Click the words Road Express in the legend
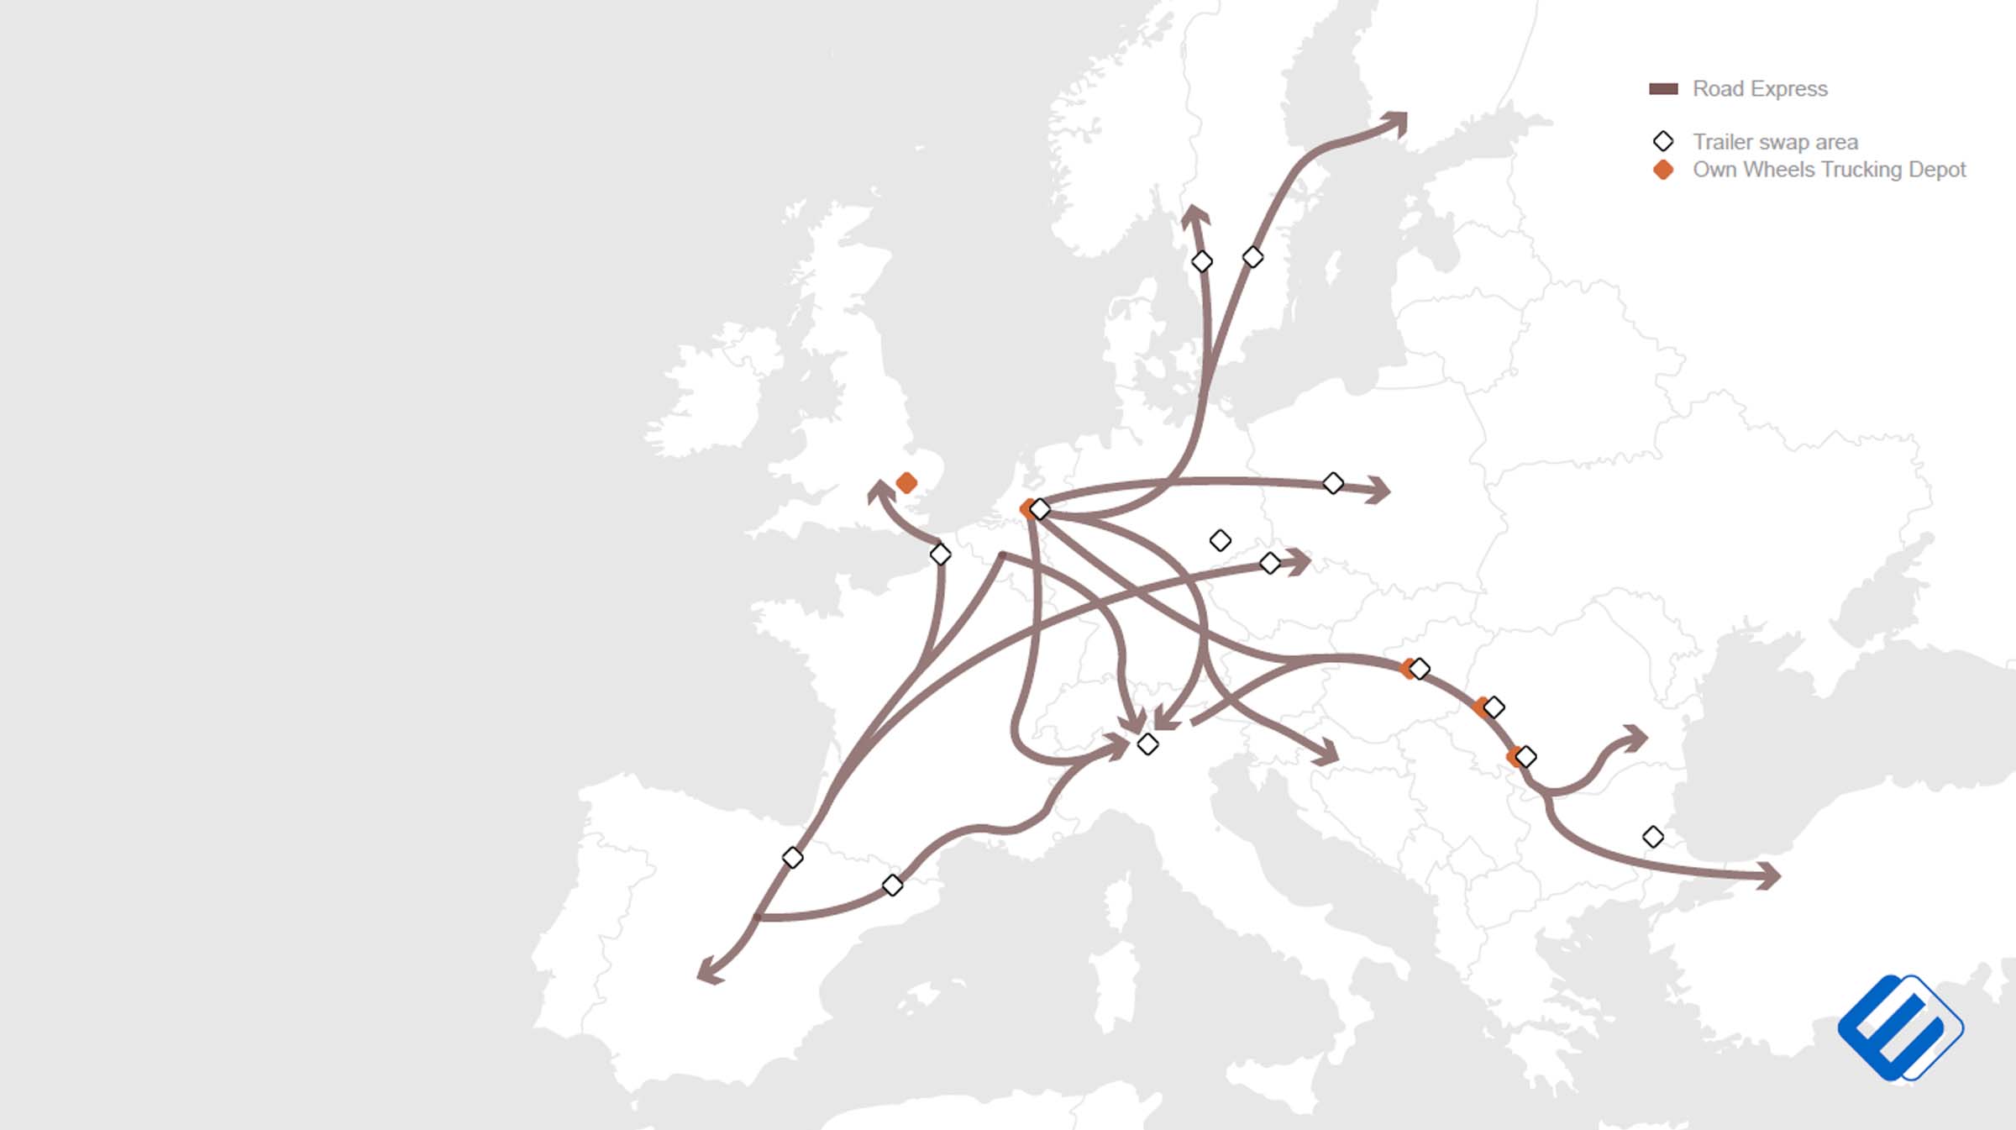click(1759, 89)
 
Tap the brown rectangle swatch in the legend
click(1663, 89)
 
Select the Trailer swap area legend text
click(1774, 142)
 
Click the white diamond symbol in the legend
click(1663, 141)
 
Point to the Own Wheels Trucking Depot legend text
click(1829, 170)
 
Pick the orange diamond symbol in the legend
click(1663, 170)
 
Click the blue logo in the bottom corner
click(1900, 1027)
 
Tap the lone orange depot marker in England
click(906, 483)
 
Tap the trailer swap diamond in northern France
click(940, 554)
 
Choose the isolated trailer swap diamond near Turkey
click(1652, 837)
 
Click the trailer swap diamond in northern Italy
click(1147, 744)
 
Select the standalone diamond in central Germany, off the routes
click(1220, 540)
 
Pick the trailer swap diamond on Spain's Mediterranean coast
click(892, 886)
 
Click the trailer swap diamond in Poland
click(1332, 483)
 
